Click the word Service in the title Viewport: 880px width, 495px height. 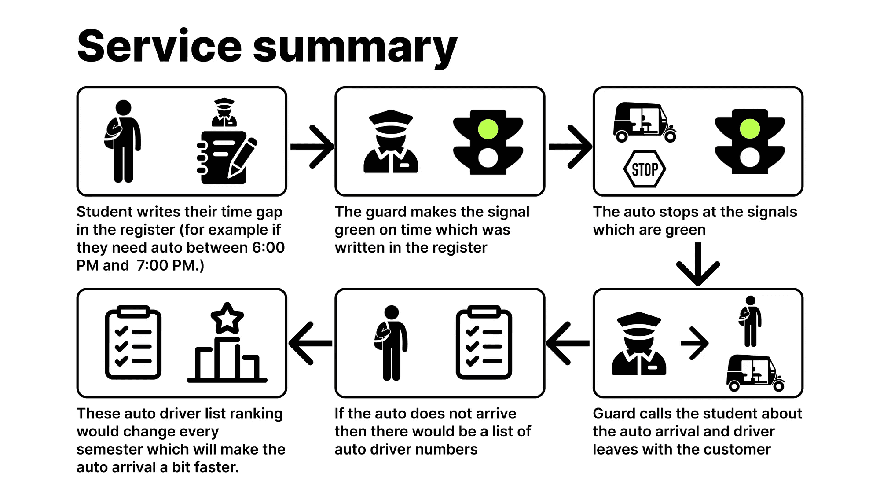coord(159,47)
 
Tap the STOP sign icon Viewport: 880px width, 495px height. coord(645,169)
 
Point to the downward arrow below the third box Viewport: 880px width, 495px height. coord(698,264)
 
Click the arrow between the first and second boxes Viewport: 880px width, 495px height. coord(312,147)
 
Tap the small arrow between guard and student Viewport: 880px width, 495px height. coord(694,343)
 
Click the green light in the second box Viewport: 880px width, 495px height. coord(488,129)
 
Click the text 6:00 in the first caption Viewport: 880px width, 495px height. coord(268,248)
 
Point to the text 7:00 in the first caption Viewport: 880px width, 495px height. coord(152,266)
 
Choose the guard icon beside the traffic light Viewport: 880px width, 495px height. coord(391,142)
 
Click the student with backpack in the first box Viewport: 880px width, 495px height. coord(123,141)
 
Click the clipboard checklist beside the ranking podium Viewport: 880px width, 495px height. coord(133,343)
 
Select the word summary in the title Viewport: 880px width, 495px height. coord(355,47)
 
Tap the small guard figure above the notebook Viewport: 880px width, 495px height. coord(224,112)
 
